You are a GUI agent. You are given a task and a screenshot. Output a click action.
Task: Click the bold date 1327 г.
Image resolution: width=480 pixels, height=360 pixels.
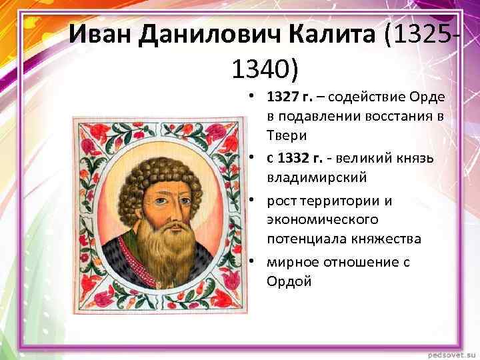coord(289,98)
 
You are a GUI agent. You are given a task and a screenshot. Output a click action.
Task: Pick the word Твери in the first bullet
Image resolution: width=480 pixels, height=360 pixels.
coord(287,135)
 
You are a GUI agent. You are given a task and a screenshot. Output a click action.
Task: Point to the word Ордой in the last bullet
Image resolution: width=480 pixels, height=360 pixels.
coord(289,281)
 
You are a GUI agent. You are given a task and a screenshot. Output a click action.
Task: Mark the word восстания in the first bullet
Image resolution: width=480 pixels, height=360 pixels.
coord(392,116)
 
